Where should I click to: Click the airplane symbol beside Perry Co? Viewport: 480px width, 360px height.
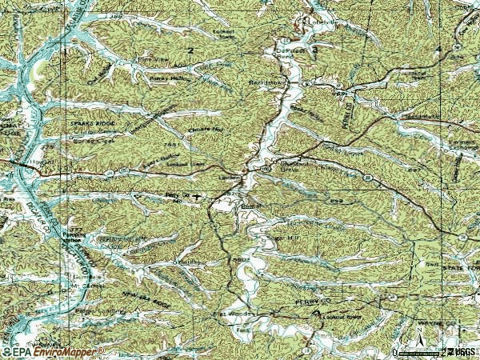pos(197,194)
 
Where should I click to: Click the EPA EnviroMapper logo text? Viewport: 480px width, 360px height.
pos(53,351)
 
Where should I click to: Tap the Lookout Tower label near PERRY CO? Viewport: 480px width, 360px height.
pos(333,316)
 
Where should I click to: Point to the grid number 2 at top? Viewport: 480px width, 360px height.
pos(190,50)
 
